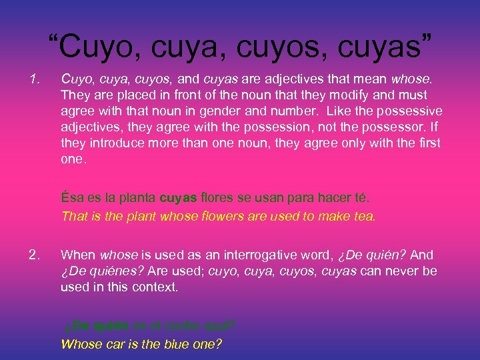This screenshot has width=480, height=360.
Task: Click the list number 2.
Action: tap(35, 254)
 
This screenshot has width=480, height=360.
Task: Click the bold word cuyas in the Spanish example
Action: tap(179, 199)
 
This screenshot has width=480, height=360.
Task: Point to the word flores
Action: tap(218, 199)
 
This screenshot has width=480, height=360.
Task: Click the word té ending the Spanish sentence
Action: tap(360, 199)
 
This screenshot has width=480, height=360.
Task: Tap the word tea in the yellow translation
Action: tap(363, 216)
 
